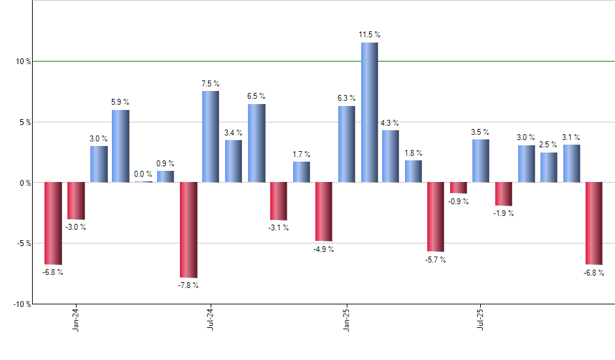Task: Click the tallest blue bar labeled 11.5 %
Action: [369, 112]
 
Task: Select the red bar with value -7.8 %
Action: [189, 230]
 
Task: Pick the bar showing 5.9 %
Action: [120, 146]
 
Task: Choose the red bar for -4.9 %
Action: [324, 212]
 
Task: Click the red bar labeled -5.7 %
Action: [436, 217]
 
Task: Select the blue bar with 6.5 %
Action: [256, 143]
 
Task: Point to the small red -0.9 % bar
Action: [458, 188]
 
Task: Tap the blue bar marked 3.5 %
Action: [480, 161]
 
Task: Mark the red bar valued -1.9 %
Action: [503, 194]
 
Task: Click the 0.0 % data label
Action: [143, 174]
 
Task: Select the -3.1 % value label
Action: [279, 228]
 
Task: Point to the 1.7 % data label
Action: [302, 154]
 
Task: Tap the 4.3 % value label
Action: [391, 123]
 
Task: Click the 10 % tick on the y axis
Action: [24, 62]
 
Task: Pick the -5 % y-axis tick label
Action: [24, 243]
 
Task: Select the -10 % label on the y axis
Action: [22, 304]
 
